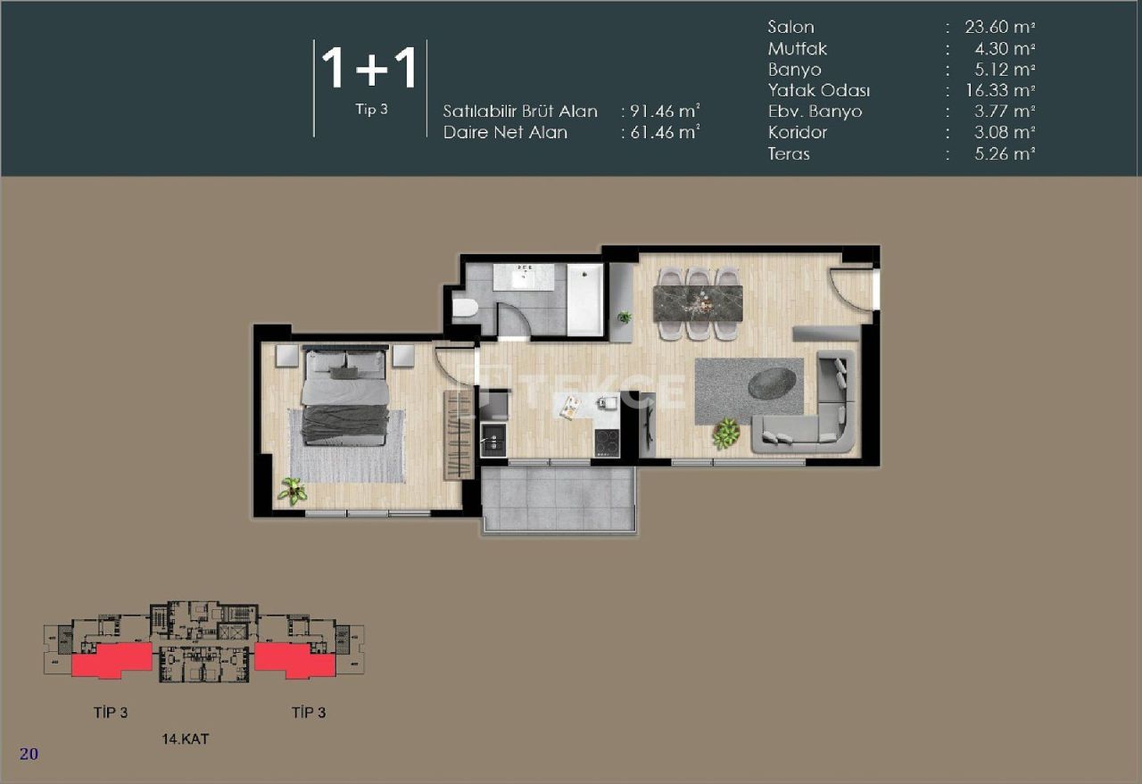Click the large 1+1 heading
pos(369,68)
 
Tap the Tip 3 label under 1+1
pos(370,111)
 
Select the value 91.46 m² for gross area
pos(661,111)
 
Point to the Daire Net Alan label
pos(505,133)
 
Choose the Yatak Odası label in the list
pos(819,90)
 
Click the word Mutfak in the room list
pos(798,48)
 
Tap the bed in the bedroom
pos(343,397)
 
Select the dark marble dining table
pos(698,303)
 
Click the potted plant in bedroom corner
pos(292,490)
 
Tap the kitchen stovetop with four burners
pos(608,442)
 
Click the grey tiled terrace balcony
pos(559,499)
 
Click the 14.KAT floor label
pos(186,739)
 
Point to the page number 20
pos(29,755)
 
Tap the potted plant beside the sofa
pos(725,434)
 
